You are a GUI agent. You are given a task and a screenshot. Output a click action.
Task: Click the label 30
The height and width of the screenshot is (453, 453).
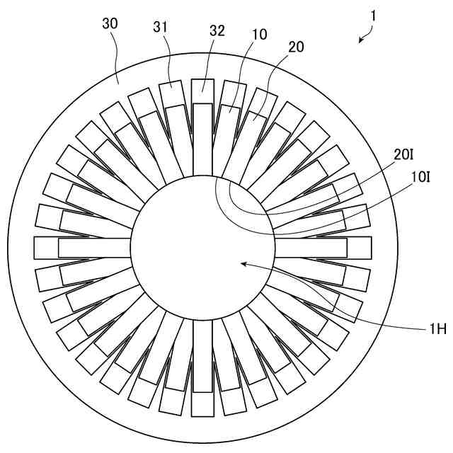point(110,23)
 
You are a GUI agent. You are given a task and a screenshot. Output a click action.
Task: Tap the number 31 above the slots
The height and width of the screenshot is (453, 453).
point(161,28)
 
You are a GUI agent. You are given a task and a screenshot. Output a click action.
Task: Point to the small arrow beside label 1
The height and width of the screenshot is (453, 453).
point(365,35)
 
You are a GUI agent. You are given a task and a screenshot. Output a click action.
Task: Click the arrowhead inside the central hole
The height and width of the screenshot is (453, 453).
point(243,264)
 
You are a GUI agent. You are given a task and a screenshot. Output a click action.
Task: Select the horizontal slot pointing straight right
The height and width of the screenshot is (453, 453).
point(322,248)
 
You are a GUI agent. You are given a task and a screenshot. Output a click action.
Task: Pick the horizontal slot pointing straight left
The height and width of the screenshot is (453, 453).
point(82,248)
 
